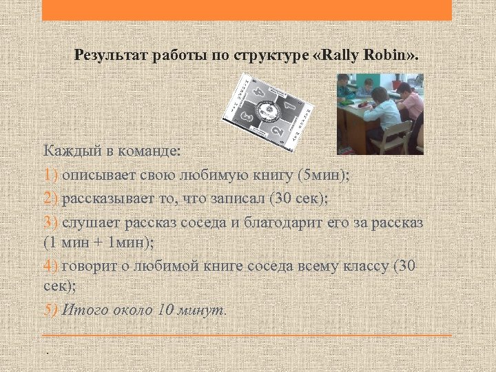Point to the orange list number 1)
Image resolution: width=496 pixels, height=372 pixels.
[52, 174]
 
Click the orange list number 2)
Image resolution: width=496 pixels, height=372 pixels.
[52, 198]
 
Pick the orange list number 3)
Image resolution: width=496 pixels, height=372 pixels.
[52, 223]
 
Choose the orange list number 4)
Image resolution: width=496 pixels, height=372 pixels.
[52, 266]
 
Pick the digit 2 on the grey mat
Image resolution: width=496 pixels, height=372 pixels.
[276, 130]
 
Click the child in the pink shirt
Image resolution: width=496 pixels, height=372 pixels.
[412, 103]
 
